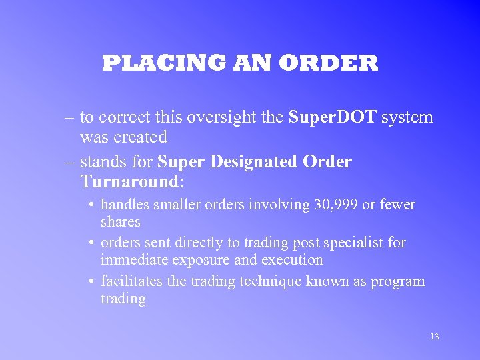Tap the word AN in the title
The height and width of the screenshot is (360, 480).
(x=253, y=63)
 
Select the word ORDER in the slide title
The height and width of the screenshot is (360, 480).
(x=328, y=63)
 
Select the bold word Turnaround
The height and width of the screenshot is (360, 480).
(x=129, y=181)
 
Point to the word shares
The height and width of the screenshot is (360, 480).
(x=121, y=221)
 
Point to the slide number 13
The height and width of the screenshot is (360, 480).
(x=434, y=337)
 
